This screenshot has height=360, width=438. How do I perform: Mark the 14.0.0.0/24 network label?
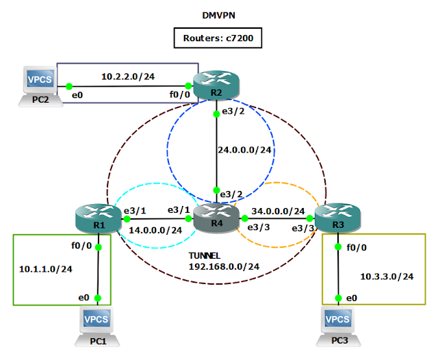tap(155, 230)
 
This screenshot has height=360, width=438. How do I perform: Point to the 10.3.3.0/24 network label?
tap(387, 276)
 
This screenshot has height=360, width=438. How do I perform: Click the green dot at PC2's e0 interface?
tap(69, 87)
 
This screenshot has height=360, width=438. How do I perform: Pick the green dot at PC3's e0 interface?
tap(339, 298)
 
